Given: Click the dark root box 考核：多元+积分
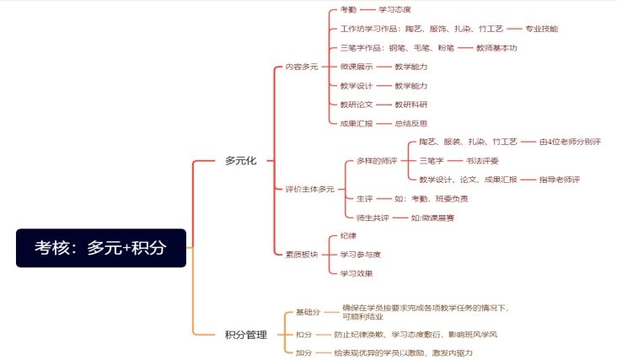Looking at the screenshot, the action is pos(101,248).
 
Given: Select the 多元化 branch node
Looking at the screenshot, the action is pos(240,160).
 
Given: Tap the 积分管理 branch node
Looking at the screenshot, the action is pos(246,335).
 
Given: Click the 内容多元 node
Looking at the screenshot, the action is pos(302,67).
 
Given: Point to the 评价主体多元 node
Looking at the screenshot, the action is pos(309,189).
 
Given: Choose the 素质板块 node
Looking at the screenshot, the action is pos(302,255).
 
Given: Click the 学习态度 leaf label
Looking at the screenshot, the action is pos(394,9).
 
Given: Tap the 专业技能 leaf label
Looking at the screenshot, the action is pos(541,29).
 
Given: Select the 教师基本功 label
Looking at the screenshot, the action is pos(496,48).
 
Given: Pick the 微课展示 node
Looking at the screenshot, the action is pos(356,67).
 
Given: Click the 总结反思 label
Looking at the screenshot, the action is pos(410,124).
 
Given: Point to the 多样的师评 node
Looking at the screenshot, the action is pos(377,161).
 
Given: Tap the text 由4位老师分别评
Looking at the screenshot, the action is pos(570,142).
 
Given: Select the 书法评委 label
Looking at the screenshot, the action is pos(482,161).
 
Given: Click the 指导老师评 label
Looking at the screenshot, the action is pos(559,180).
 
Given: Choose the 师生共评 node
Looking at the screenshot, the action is pos(373,218).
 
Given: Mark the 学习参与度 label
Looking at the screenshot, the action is pos(360,255).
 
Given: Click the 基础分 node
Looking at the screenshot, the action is pos(308,312).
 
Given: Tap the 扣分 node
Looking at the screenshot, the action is pos(303,335).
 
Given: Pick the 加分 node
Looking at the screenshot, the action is pos(303,353).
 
